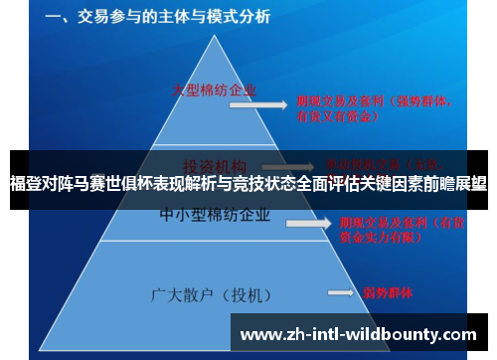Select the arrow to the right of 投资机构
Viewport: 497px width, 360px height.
pos(284,166)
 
